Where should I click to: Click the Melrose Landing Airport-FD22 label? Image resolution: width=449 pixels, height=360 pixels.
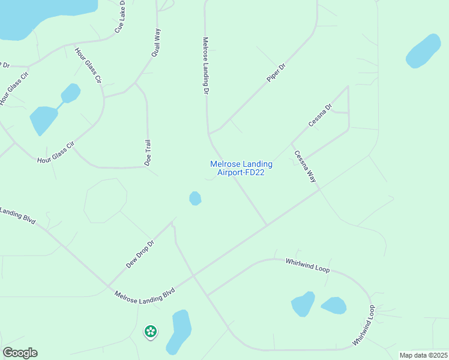click(x=241, y=168)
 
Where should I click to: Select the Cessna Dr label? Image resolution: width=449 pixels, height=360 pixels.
click(x=319, y=116)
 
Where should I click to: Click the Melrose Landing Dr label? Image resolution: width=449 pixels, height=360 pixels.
click(x=205, y=66)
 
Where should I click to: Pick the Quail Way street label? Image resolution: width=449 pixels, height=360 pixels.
click(x=157, y=43)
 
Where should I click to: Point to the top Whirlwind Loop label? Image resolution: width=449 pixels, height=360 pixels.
click(x=307, y=266)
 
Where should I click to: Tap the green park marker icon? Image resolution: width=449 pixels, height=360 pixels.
click(x=150, y=331)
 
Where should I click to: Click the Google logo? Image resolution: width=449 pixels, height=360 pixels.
click(x=20, y=353)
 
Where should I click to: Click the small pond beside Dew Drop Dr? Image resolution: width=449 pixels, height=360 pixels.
click(x=195, y=198)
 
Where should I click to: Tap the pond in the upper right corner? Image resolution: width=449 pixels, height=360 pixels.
click(x=423, y=51)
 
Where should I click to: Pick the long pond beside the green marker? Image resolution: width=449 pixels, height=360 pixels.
click(x=179, y=329)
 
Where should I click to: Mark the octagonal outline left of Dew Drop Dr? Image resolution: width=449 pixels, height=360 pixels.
click(x=105, y=200)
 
